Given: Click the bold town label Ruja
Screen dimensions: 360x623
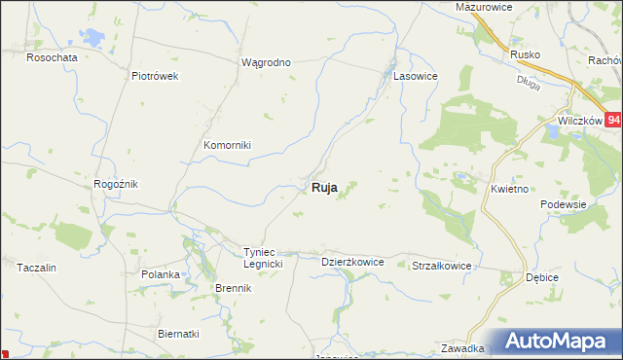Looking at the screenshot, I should (324, 188).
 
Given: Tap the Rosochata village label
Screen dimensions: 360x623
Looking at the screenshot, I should (52, 57).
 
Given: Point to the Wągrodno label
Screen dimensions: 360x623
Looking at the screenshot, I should (266, 62).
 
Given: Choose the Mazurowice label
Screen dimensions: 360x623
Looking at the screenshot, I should (484, 7).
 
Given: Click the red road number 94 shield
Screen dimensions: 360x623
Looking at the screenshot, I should (612, 120).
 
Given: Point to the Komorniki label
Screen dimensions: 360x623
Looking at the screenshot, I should (227, 145).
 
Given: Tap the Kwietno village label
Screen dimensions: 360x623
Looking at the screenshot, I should (510, 189).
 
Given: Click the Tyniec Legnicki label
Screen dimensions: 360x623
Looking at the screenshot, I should (263, 258).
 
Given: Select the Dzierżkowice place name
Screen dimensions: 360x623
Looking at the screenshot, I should (352, 262).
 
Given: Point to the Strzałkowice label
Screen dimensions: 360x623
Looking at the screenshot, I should (442, 266).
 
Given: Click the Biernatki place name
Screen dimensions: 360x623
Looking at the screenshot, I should (178, 333).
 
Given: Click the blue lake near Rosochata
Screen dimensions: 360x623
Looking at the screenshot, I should (94, 38).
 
